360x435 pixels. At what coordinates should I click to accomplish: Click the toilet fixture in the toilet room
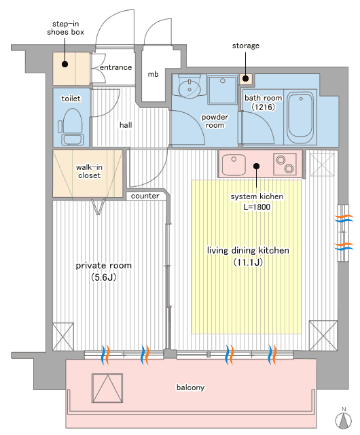[x=72, y=127]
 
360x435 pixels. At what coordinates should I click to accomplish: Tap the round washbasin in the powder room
[x=189, y=89]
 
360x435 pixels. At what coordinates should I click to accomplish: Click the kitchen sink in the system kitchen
[x=234, y=164]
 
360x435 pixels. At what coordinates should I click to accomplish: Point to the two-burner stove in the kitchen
[x=285, y=164]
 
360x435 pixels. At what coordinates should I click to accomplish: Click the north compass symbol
[x=344, y=419]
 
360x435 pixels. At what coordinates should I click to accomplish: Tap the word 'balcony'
[x=191, y=387]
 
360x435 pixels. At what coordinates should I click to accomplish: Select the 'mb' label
[x=153, y=74]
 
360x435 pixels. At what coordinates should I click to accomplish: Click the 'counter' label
[x=145, y=196]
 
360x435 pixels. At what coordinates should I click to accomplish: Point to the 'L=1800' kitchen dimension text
[x=257, y=207]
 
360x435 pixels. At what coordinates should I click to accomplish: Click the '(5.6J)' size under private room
[x=104, y=277]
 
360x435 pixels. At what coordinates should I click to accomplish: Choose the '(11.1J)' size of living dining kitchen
[x=248, y=262]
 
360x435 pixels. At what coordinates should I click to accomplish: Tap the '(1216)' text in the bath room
[x=263, y=107]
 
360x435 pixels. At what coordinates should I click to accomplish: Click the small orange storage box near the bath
[x=246, y=79]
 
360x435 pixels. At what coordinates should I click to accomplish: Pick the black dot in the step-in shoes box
[x=65, y=65]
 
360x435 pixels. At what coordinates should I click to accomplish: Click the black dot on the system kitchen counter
[x=257, y=166]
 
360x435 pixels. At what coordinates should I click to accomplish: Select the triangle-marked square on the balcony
[x=107, y=388]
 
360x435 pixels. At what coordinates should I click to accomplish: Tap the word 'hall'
[x=126, y=125]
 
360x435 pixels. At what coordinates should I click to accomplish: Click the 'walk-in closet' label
[x=89, y=171]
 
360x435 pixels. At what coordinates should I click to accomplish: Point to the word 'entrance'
[x=115, y=67]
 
